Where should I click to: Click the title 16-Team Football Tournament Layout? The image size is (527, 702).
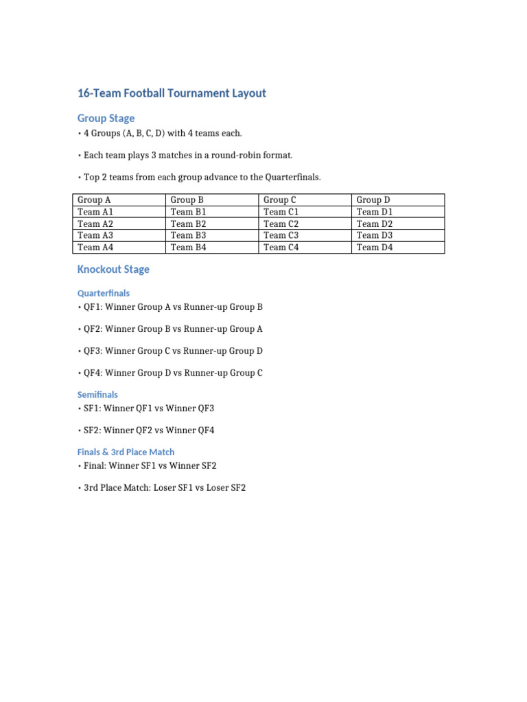click(x=172, y=93)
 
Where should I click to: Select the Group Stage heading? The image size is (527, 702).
click(x=106, y=118)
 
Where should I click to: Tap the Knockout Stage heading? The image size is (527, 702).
click(x=113, y=269)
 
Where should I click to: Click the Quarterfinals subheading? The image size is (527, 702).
click(x=104, y=293)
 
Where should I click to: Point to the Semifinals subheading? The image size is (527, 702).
click(x=97, y=394)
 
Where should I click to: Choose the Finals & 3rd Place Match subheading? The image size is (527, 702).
click(x=126, y=452)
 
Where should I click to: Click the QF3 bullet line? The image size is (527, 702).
click(x=173, y=351)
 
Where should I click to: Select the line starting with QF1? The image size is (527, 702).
click(x=173, y=307)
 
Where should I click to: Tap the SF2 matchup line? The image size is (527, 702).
click(x=149, y=431)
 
